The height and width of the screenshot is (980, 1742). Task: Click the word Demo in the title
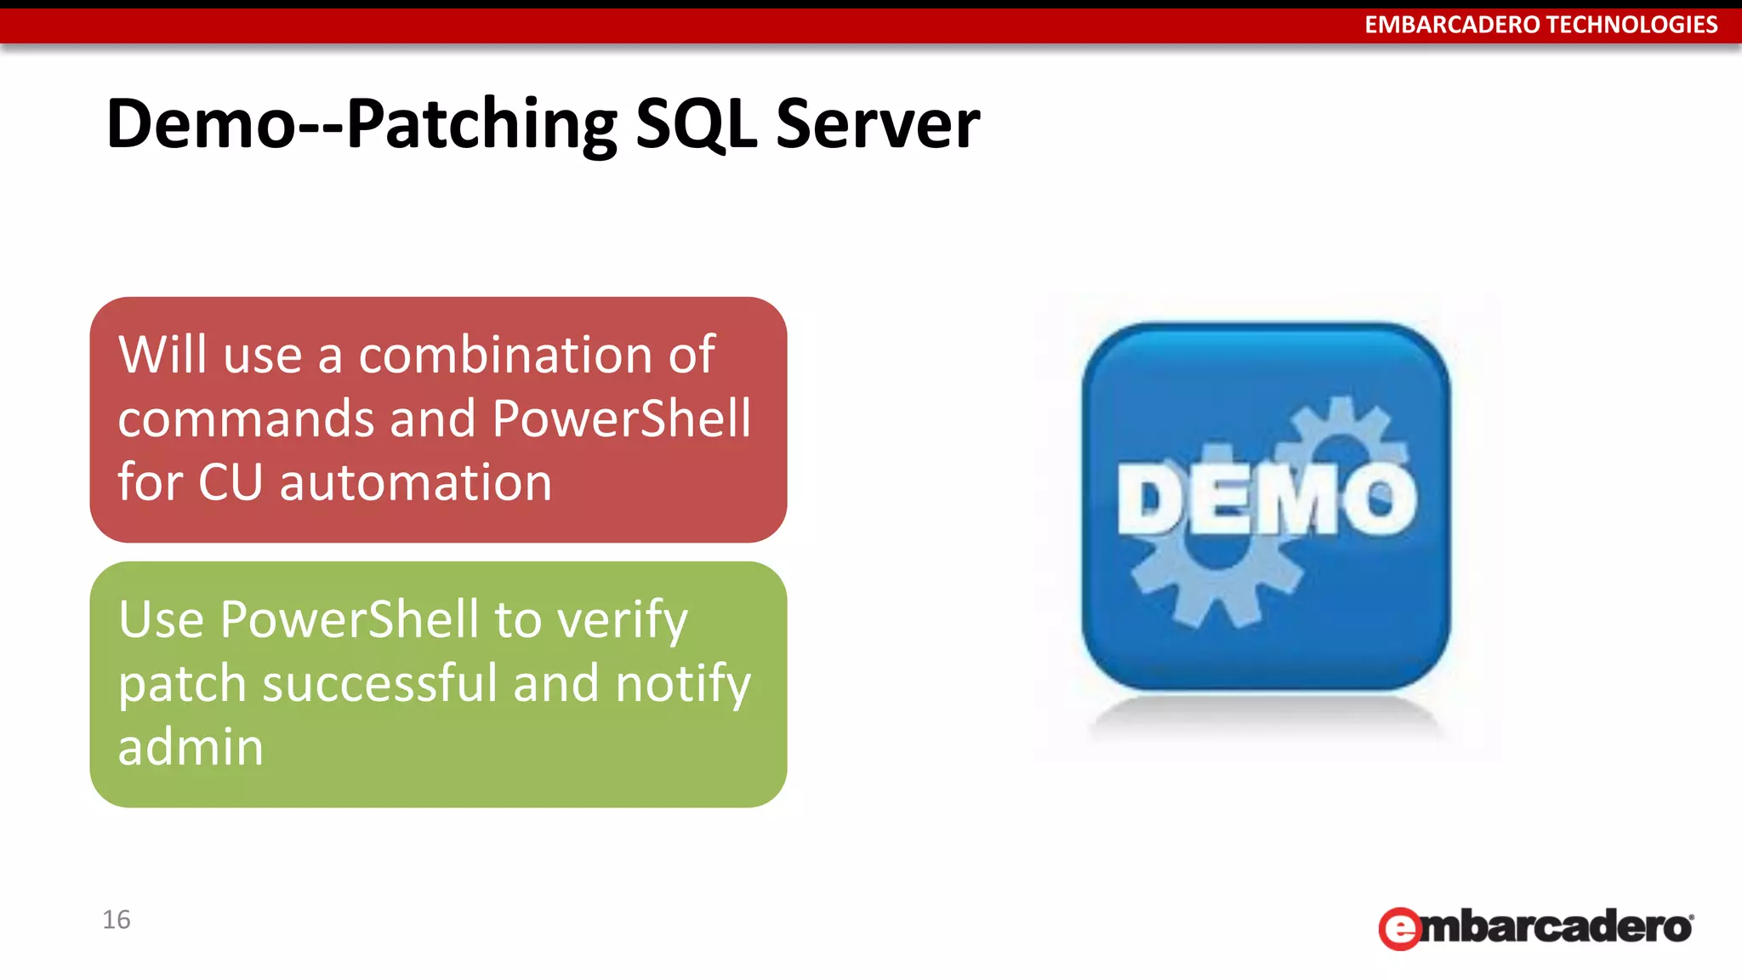point(200,124)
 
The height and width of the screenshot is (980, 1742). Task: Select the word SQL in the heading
point(696,124)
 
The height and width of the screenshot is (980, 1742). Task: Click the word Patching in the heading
point(481,124)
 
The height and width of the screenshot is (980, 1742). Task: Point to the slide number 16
point(117,920)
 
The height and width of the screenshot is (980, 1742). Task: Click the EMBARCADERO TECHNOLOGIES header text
point(1540,25)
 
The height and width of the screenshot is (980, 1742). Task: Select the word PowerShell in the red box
point(621,419)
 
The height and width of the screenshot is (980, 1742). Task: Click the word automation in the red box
point(416,482)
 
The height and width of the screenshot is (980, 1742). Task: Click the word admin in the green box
point(191,747)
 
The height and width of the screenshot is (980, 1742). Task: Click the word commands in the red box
point(246,419)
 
